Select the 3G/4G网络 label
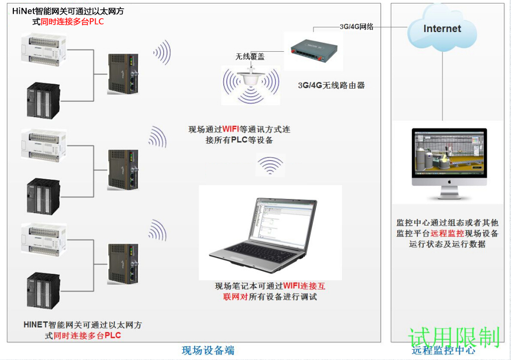pyautogui.click(x=356, y=27)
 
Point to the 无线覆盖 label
pyautogui.click(x=250, y=57)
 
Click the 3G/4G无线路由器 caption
pyautogui.click(x=331, y=85)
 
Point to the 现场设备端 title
pyautogui.click(x=208, y=351)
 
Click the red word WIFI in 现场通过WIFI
pyautogui.click(x=231, y=130)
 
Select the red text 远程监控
pyautogui.click(x=447, y=233)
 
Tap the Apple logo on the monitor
pyautogui.click(x=449, y=181)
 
